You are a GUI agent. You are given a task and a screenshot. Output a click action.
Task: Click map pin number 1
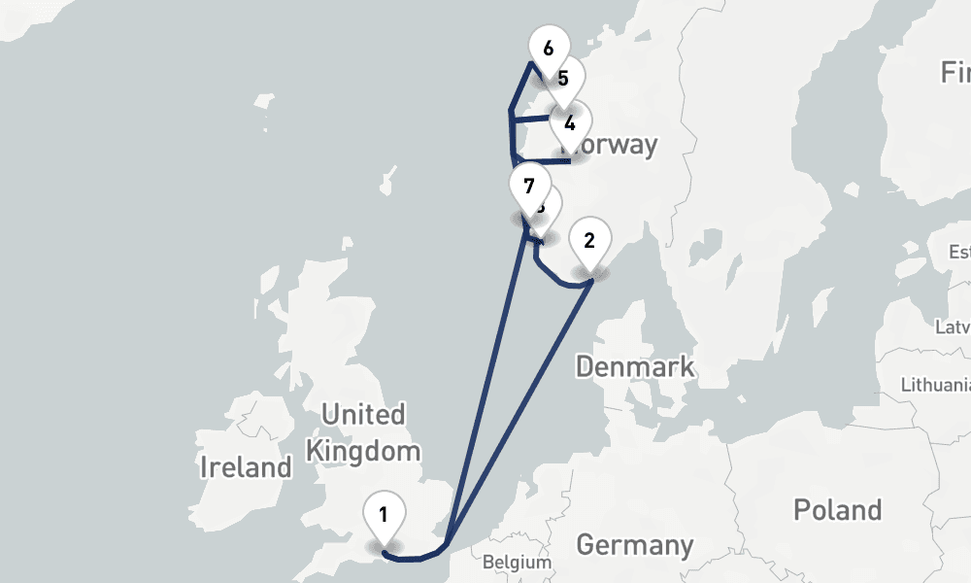[385, 516]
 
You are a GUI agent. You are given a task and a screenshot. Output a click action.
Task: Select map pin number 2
[589, 240]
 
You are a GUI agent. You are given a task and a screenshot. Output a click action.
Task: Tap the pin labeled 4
[570, 123]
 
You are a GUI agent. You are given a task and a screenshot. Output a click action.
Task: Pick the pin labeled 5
[564, 79]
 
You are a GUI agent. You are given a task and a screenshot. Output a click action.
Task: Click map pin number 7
[529, 187]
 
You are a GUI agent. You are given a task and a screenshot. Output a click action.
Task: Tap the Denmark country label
[635, 366]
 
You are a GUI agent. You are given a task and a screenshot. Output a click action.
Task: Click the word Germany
[634, 545]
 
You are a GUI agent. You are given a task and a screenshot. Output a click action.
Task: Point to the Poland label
[837, 510]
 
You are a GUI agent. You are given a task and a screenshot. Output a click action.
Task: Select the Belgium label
[518, 562]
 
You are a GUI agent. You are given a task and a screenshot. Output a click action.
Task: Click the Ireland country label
[246, 467]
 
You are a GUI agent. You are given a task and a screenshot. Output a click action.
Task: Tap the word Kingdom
[363, 451]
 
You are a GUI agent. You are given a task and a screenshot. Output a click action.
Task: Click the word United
[363, 415]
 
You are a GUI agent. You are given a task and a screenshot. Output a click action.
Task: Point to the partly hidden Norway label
[618, 146]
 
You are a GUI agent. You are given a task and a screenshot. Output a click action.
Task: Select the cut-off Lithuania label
[936, 385]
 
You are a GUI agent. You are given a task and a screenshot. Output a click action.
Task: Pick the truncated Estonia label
[959, 253]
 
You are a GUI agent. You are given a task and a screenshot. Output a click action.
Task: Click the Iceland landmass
[29, 24]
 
